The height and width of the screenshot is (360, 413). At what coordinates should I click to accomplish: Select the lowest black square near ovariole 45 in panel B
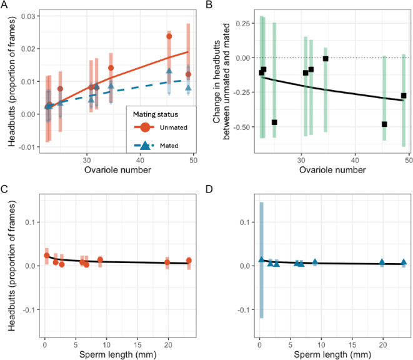click(385, 124)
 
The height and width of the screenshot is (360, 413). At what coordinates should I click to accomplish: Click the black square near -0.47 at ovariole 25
click(274, 122)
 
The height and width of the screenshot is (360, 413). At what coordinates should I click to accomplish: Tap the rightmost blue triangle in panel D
click(404, 262)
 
